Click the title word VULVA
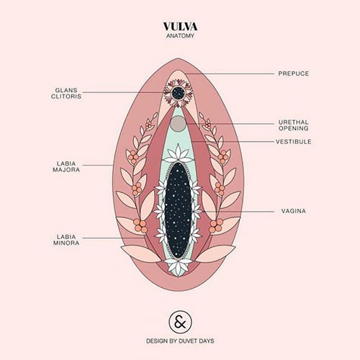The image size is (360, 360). [x=180, y=27]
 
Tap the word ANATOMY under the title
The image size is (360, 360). [x=180, y=36]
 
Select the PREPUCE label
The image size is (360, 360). [x=294, y=73]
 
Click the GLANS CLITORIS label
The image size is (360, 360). [x=66, y=93]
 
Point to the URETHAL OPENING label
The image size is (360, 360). [x=294, y=125]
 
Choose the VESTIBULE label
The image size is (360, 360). [x=294, y=142]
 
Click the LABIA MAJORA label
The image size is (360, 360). [x=66, y=166]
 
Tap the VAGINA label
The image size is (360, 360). [x=294, y=211]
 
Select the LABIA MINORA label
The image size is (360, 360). [x=66, y=240]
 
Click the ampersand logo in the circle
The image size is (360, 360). [x=180, y=322]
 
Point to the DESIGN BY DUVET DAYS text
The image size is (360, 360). [x=180, y=341]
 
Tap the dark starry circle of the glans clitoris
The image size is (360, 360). [x=179, y=92]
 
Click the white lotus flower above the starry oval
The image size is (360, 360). [x=178, y=153]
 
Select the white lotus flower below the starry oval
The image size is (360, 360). [x=178, y=267]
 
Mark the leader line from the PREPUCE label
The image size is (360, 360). [x=229, y=73]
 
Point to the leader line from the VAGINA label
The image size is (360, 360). [x=238, y=212]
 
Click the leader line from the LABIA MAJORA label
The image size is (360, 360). [x=98, y=165]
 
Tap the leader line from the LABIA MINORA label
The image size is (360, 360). [x=114, y=238]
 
